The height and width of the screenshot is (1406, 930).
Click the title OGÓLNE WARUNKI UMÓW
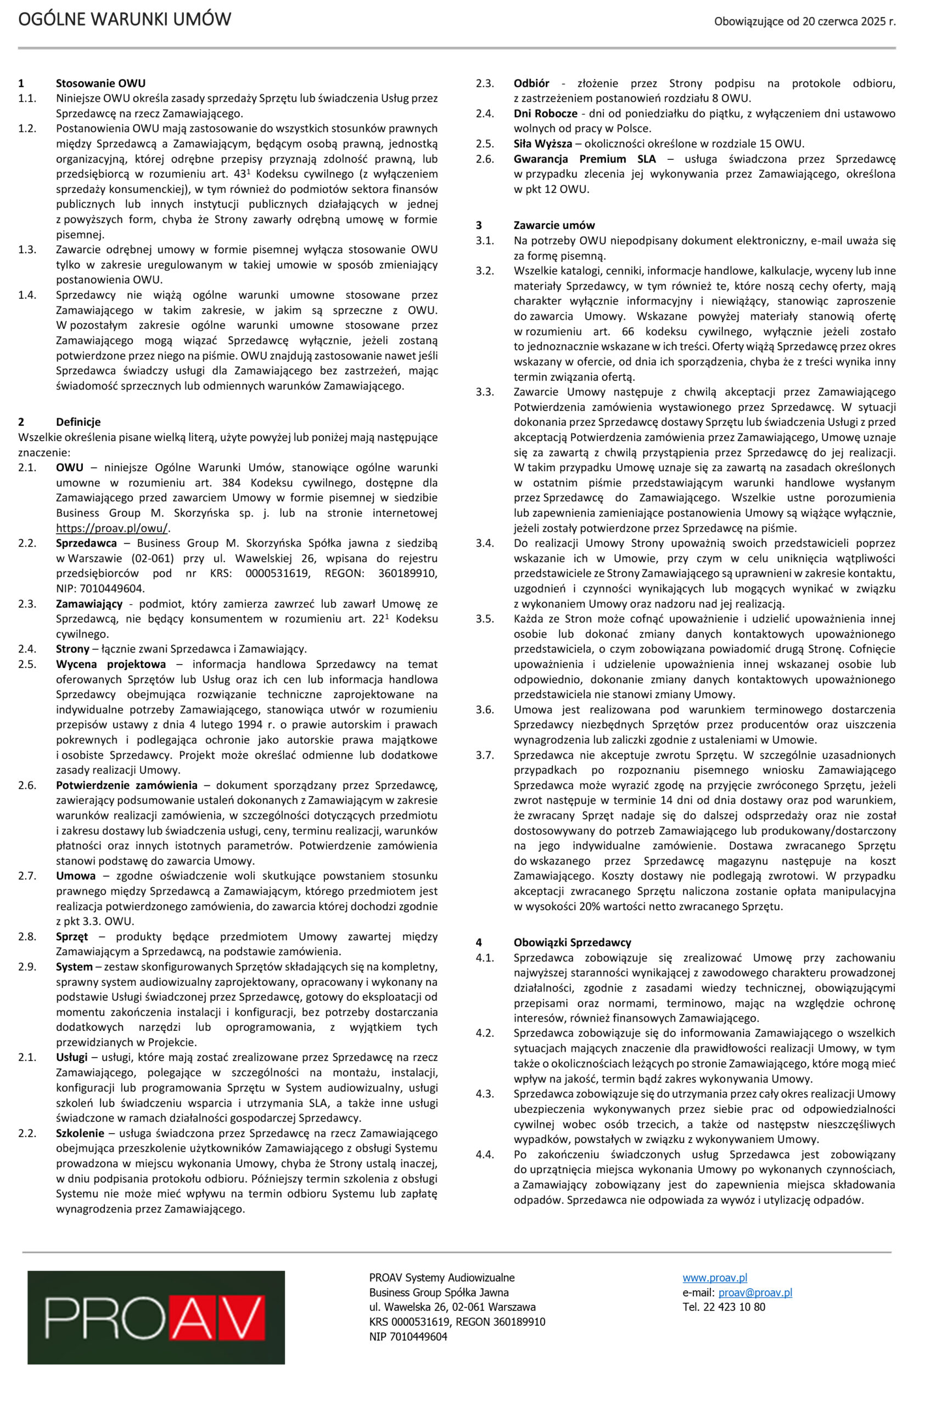[x=125, y=20]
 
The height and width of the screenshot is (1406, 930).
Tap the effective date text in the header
[x=804, y=22]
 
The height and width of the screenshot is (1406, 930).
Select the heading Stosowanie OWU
[x=100, y=83]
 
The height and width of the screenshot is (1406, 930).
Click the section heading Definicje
[x=79, y=422]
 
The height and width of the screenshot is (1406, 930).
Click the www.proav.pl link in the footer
[x=714, y=1278]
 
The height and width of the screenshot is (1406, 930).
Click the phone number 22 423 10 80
[x=733, y=1307]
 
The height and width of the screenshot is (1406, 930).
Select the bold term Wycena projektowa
[x=111, y=664]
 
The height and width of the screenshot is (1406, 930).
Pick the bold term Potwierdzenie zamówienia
[x=126, y=785]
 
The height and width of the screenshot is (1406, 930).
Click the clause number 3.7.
[x=485, y=755]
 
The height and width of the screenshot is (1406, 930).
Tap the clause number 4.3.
[x=485, y=1094]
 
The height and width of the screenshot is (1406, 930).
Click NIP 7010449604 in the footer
[x=408, y=1337]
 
